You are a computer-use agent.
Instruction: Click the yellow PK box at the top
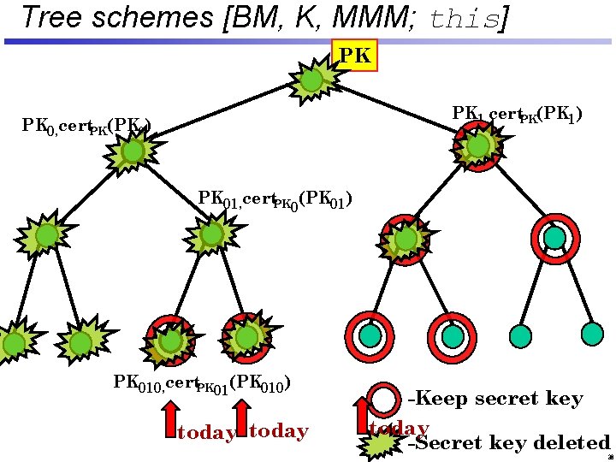click(x=355, y=56)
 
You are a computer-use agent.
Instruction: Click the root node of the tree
click(x=312, y=80)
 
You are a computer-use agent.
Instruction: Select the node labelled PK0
click(x=133, y=151)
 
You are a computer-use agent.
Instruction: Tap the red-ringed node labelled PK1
click(x=478, y=146)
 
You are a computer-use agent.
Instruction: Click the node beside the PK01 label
click(x=210, y=234)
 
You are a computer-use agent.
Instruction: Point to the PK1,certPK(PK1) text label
click(x=517, y=114)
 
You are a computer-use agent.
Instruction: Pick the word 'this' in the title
click(x=462, y=19)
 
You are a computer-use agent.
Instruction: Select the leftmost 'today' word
click(x=206, y=433)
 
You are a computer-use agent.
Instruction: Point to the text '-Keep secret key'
click(x=495, y=399)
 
